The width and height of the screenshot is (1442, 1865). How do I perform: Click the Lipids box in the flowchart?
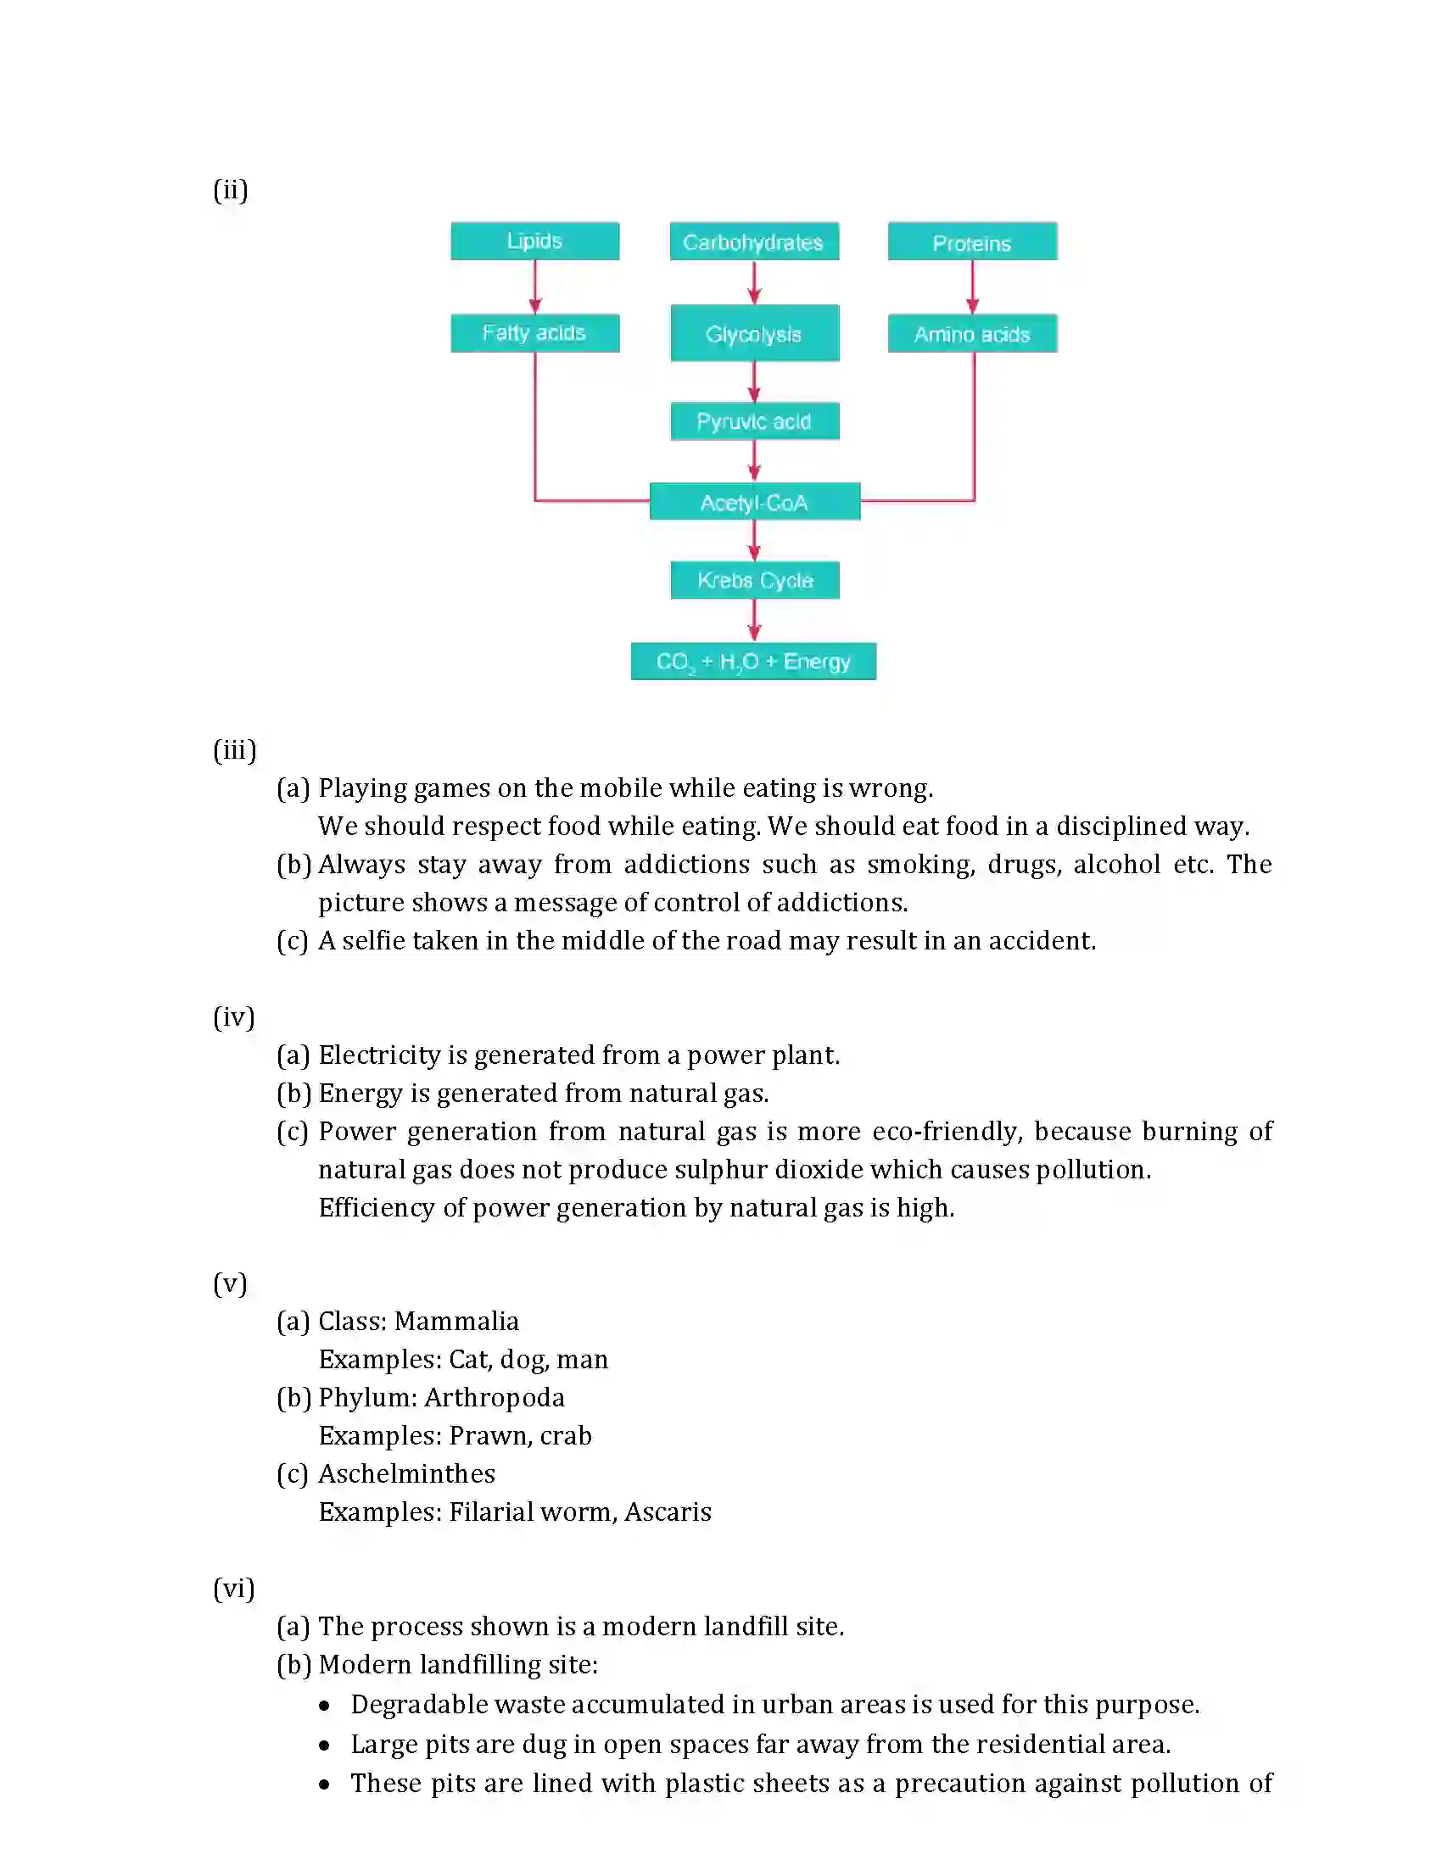534,241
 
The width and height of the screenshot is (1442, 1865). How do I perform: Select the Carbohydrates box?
753,242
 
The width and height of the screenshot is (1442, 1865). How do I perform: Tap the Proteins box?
972,242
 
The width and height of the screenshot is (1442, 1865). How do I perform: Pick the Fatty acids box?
534,333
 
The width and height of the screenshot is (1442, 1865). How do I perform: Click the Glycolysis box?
754,333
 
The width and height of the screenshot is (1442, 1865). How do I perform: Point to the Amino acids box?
972,334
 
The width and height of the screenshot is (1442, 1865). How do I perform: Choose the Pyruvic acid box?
754,421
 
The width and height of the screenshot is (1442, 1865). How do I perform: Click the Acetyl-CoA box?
754,502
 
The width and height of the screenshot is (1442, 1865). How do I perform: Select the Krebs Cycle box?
754,581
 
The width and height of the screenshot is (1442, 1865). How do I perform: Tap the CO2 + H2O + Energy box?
753,662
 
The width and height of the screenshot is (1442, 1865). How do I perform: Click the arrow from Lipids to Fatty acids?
535,287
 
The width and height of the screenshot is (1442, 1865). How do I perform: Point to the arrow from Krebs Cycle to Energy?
754,621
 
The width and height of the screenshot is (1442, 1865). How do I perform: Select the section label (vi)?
234,1589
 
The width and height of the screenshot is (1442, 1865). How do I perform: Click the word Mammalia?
457,1321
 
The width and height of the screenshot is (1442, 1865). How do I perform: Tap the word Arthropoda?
495,1397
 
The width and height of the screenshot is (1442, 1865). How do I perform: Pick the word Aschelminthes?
406,1474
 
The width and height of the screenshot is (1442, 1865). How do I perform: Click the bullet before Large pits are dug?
325,1745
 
